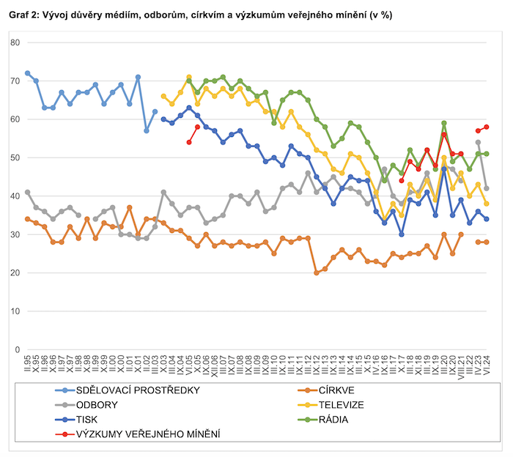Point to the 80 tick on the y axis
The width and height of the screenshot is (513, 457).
(14, 42)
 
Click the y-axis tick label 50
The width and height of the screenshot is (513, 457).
(14, 157)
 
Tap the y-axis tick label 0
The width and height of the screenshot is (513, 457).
(16, 349)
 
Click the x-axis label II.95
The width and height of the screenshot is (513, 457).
(27, 364)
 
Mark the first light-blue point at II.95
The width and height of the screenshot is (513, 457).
(27, 73)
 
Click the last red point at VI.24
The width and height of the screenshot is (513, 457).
(487, 127)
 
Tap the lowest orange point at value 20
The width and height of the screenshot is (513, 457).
(317, 272)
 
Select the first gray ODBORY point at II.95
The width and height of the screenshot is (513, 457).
(27, 192)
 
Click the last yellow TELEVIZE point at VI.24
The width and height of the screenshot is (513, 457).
(487, 204)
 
